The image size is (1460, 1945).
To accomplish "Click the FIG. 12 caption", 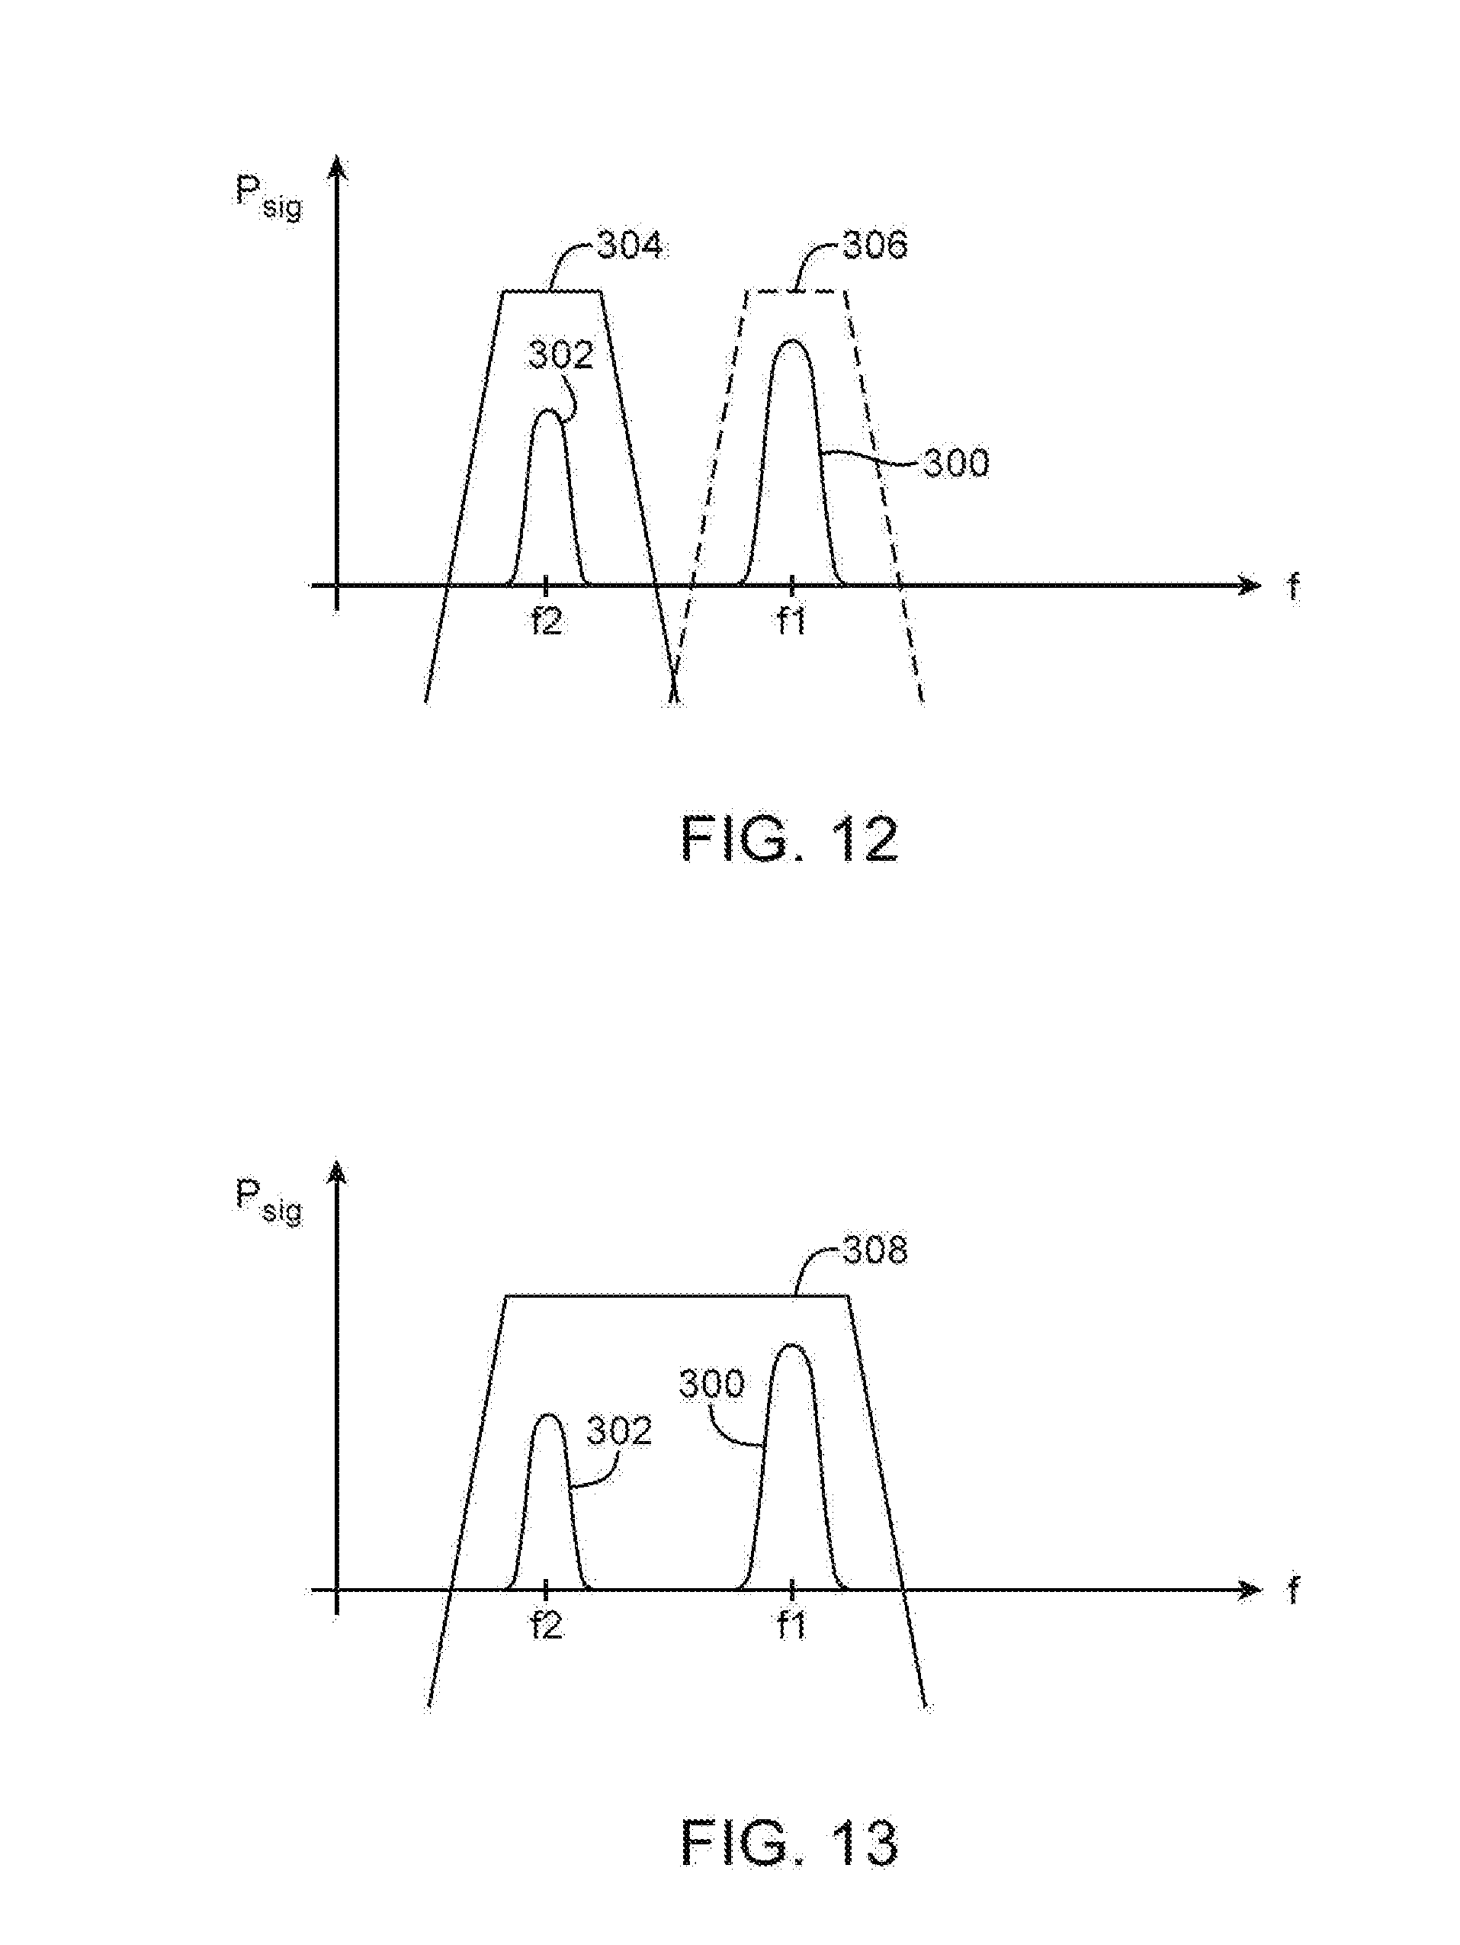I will pyautogui.click(x=788, y=839).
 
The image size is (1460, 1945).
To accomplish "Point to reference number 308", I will pyautogui.click(x=874, y=1250).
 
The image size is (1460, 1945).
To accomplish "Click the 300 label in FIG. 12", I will pyautogui.click(x=955, y=464).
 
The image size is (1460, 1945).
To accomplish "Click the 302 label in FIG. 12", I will pyautogui.click(x=561, y=356).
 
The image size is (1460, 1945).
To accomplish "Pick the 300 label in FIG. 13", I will pyautogui.click(x=712, y=1385).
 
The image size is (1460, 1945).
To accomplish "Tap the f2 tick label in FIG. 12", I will pyautogui.click(x=546, y=621).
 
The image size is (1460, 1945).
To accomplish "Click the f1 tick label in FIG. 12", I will pyautogui.click(x=791, y=621).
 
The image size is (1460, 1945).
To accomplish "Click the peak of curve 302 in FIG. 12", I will pyautogui.click(x=547, y=412).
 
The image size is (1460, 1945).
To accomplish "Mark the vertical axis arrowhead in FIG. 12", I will pyautogui.click(x=335, y=167).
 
